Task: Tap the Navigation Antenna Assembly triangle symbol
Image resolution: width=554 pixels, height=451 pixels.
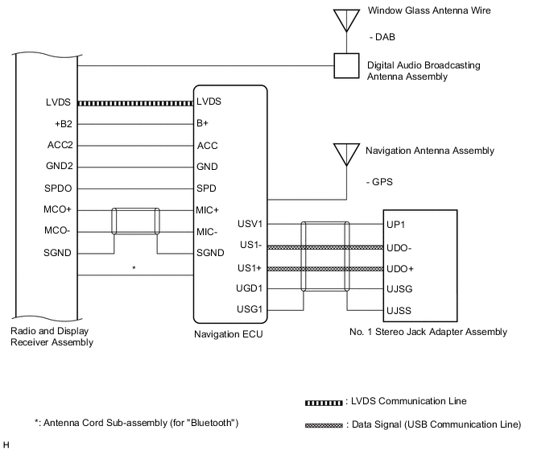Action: tap(347, 154)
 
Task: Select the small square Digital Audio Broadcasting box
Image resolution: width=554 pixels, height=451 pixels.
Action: tap(347, 66)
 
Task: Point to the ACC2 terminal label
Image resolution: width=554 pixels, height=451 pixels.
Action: tap(60, 146)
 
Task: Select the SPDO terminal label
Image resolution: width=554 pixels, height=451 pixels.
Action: tap(60, 188)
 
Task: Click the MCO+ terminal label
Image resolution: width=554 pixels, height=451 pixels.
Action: tap(60, 210)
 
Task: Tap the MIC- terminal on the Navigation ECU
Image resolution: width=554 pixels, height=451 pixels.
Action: tap(207, 232)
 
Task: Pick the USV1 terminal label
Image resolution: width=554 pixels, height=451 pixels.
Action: tap(251, 224)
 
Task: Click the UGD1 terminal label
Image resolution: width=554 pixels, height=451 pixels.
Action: tap(251, 288)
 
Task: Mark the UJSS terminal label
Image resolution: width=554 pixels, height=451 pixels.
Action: tap(399, 309)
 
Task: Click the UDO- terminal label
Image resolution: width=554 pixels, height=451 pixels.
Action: tap(399, 248)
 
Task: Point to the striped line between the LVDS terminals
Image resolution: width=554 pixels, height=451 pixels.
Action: tap(137, 103)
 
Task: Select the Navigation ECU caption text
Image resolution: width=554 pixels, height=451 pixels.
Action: tap(229, 333)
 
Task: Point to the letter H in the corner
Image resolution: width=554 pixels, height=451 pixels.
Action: tap(6, 444)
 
